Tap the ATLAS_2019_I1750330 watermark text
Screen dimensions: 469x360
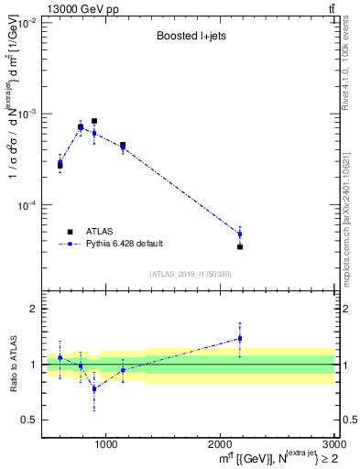[x=191, y=274]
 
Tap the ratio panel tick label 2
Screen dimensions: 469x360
[x=33, y=310]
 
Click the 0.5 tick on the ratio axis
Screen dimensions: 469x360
[x=30, y=420]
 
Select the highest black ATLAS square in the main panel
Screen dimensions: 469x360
[x=94, y=121]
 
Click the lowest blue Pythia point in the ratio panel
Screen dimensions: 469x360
[x=94, y=388]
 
